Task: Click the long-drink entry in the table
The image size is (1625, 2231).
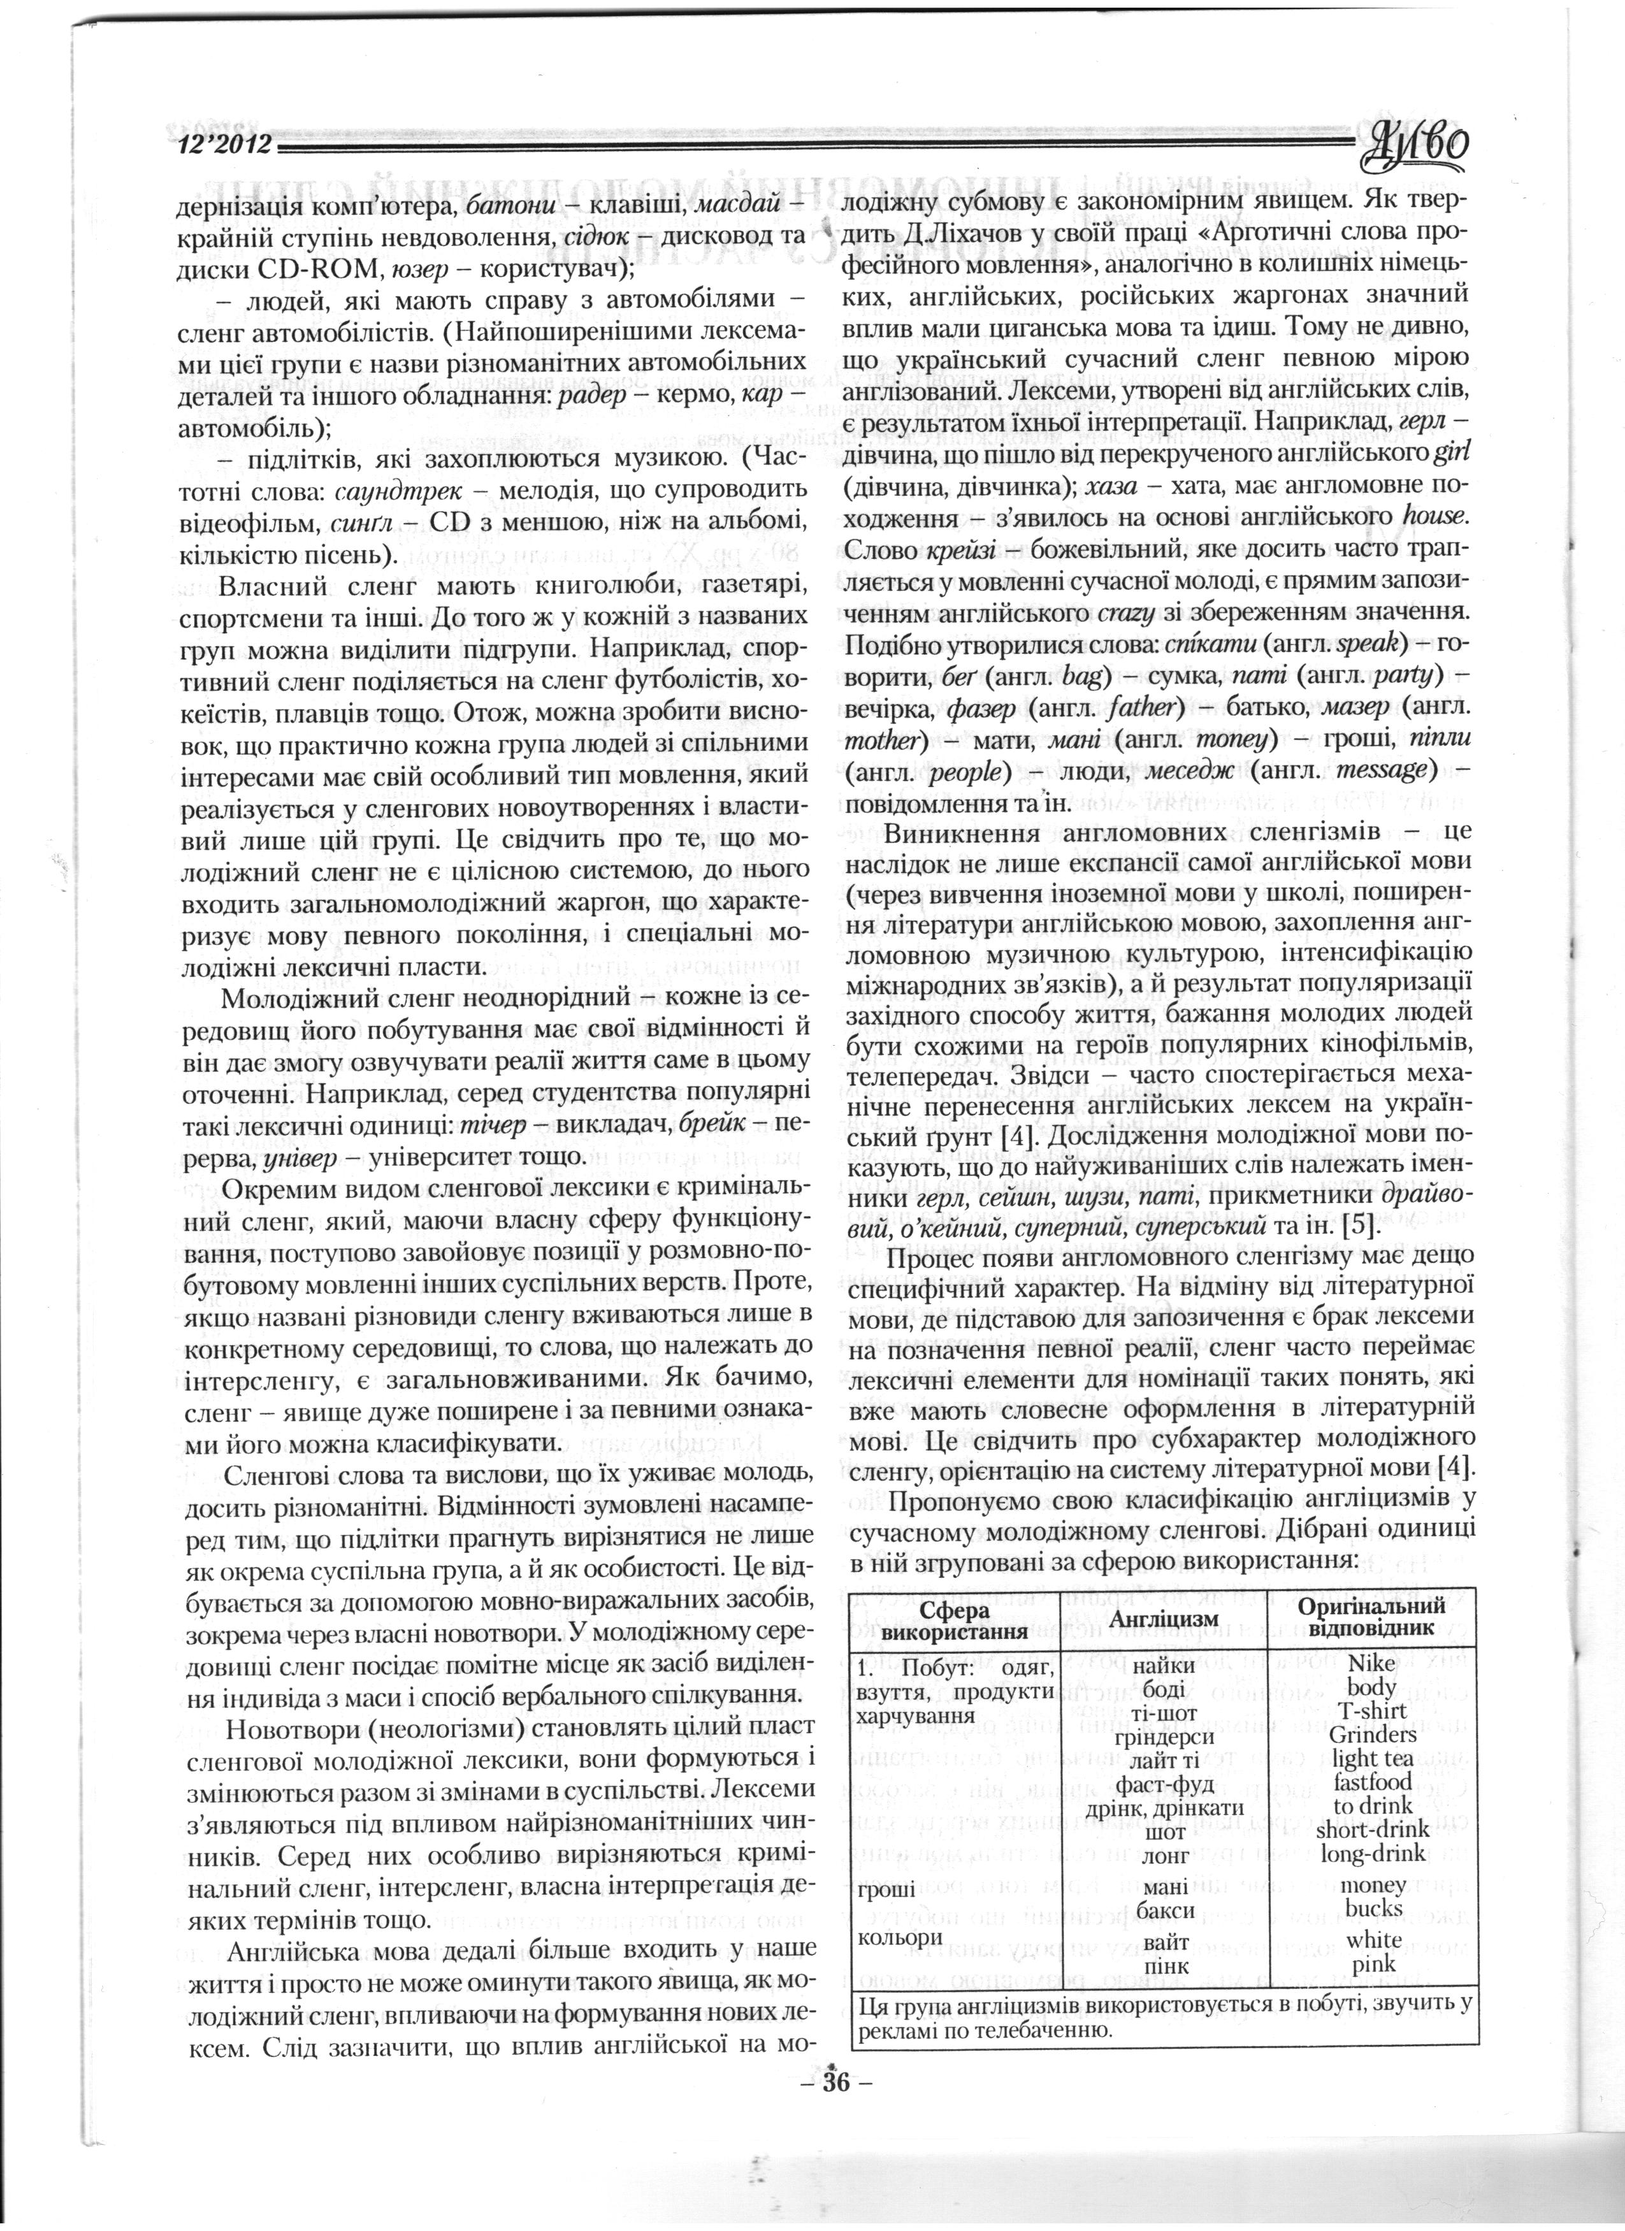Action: [x=1373, y=1853]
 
